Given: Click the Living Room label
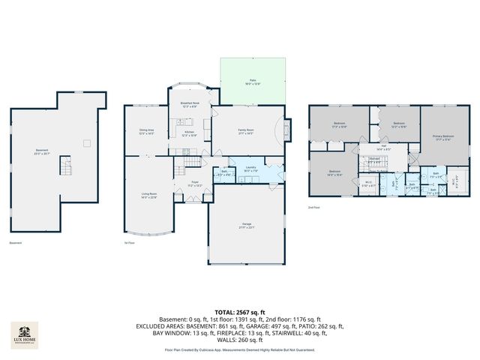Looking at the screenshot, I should coord(148,195).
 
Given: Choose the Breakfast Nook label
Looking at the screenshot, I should coord(189,104).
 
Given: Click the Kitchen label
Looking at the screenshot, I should coord(190,133).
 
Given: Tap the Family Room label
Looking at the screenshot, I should coord(245,131).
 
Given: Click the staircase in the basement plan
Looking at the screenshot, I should coord(65,166).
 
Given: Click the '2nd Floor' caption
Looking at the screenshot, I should coord(314,207).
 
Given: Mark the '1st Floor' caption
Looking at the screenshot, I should coord(130,242).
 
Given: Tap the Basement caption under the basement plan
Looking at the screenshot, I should coord(15,242).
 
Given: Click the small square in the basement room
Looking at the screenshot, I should coord(87,142).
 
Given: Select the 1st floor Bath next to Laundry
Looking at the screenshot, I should coord(224,172).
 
